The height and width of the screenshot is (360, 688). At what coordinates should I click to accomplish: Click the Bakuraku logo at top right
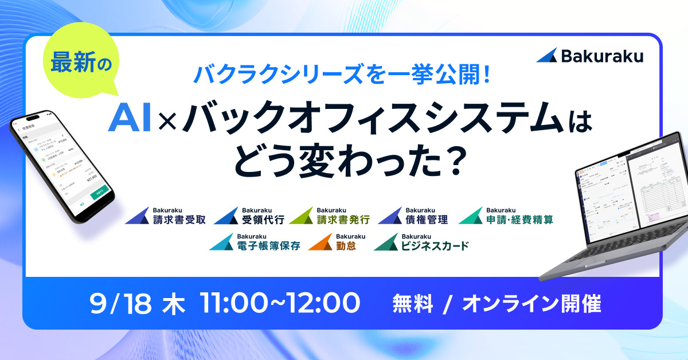(x=590, y=56)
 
